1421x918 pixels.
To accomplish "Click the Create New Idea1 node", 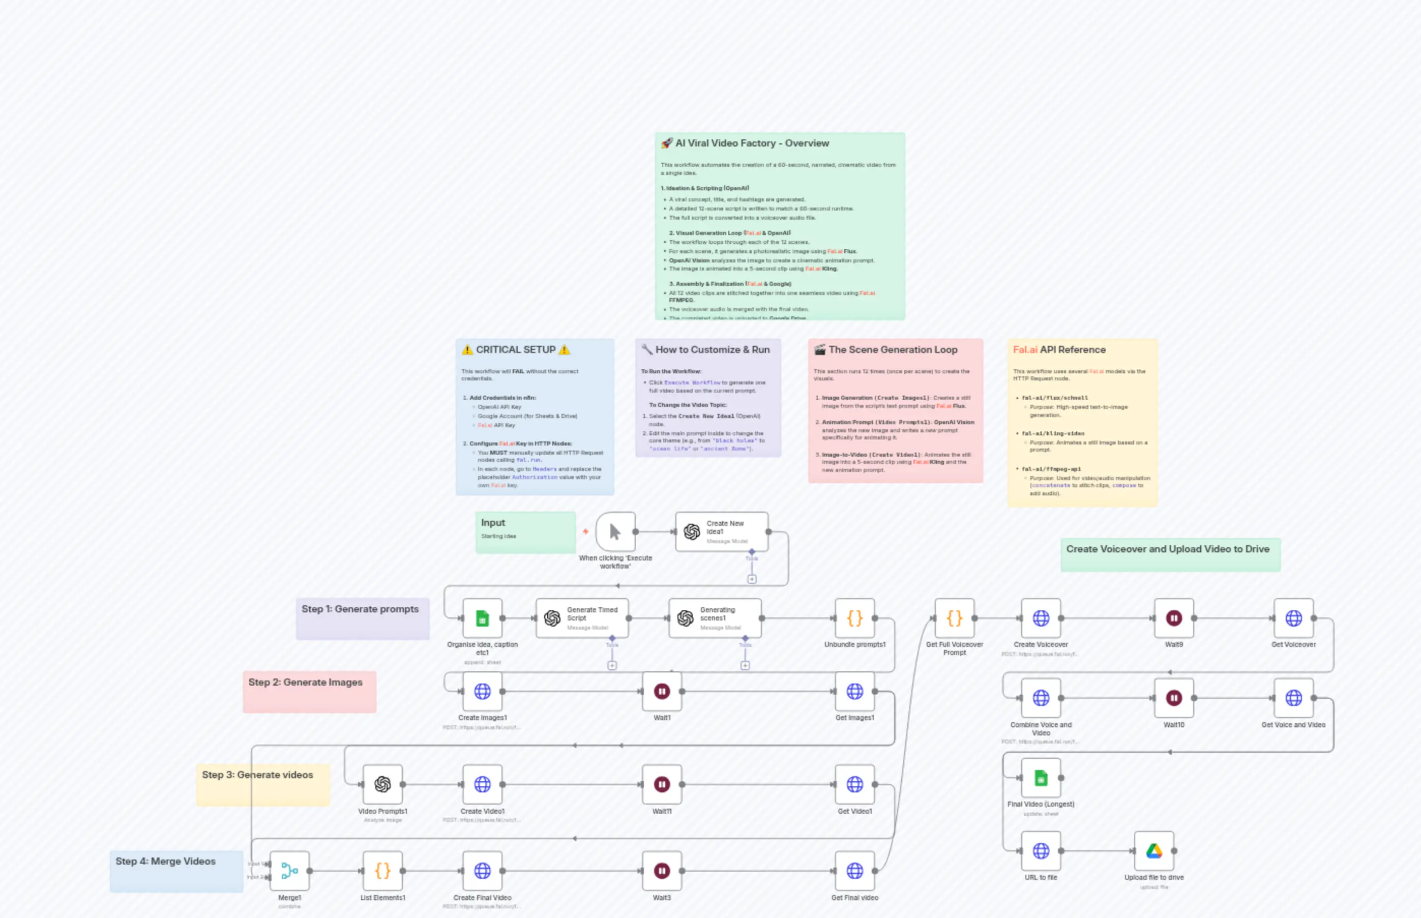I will point(721,531).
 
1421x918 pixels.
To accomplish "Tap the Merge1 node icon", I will point(290,871).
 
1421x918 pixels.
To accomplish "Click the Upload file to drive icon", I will point(1154,851).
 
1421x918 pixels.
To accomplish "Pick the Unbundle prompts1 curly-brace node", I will point(855,618).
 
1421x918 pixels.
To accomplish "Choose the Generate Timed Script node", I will point(582,618).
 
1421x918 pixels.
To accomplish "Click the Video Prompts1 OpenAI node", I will point(382,784).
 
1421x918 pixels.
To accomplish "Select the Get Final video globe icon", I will point(855,871).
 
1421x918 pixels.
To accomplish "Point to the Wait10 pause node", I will point(1174,698).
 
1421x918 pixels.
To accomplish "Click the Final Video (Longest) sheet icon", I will point(1041,778).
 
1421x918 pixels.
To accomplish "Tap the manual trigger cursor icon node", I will point(615,531).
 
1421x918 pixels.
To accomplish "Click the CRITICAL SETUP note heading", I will point(516,350).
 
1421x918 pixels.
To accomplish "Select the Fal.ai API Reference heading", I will point(1059,350).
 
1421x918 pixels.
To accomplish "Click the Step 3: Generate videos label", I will point(257,775).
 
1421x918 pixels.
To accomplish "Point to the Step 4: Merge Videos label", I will point(166,862).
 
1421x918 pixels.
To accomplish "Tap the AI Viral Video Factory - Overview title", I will point(752,143).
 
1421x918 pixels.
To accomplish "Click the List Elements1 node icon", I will point(382,871).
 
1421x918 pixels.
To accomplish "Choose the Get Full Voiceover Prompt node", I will point(954,618).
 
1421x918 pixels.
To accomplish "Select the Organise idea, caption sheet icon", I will point(482,618).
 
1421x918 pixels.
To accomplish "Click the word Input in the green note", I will point(493,523).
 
